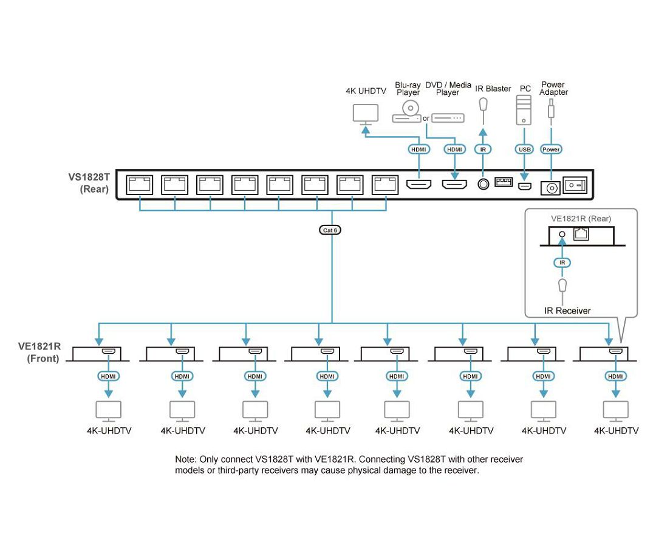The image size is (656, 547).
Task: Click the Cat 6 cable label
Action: [x=331, y=230]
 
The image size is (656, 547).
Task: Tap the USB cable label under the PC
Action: [x=524, y=149]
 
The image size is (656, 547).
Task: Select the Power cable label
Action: [x=551, y=149]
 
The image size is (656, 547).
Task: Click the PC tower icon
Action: [x=524, y=110]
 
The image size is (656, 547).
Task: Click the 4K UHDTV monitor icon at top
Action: [x=366, y=113]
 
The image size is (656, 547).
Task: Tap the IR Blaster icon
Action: [x=483, y=107]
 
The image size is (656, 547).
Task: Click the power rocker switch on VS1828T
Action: [x=575, y=185]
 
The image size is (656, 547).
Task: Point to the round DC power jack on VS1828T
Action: [x=551, y=188]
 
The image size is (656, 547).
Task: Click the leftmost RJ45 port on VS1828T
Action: [x=139, y=184]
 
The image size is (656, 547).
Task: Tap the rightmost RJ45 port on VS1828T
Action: [x=385, y=184]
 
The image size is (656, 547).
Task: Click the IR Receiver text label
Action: [x=567, y=311]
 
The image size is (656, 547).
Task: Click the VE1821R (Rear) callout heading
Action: [x=581, y=218]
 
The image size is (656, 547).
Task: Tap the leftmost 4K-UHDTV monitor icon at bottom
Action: [x=108, y=411]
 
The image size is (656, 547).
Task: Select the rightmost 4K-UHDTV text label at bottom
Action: [x=616, y=431]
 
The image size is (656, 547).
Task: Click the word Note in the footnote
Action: [x=185, y=459]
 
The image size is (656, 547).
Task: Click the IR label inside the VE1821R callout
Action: [x=562, y=263]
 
